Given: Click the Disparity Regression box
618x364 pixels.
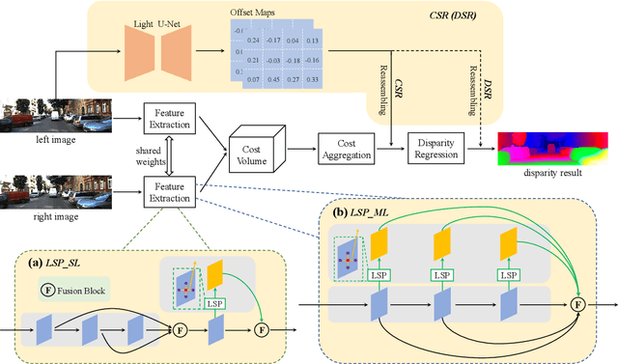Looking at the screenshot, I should [436, 149].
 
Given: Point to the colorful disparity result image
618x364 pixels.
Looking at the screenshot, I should [553, 146].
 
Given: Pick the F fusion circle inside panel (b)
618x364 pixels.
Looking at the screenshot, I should [578, 304].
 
